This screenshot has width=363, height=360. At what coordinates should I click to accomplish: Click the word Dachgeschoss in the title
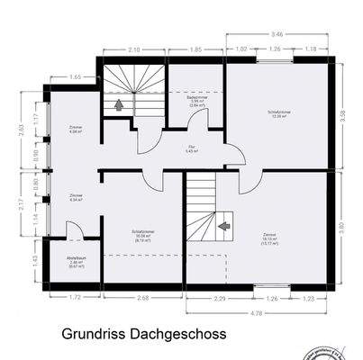click(x=177, y=334)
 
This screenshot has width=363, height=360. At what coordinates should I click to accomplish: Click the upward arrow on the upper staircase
click(x=118, y=103)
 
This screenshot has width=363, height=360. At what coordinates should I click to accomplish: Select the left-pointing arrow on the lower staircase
click(x=224, y=218)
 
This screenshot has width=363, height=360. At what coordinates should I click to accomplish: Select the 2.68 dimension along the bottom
click(x=142, y=297)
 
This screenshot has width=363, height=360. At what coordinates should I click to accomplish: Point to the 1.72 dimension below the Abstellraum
click(x=76, y=297)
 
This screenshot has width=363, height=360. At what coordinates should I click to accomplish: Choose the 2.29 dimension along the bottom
click(x=219, y=297)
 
